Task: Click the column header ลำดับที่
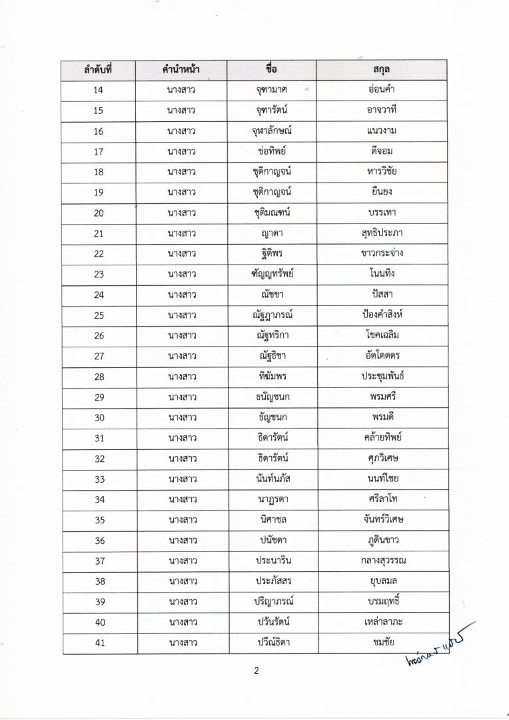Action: click(98, 69)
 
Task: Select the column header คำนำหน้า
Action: click(181, 69)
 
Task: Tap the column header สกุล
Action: click(382, 69)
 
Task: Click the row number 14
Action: click(98, 90)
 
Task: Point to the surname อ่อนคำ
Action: click(382, 90)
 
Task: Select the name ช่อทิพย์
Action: click(272, 151)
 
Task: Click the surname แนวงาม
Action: click(382, 131)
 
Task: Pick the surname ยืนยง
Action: click(382, 192)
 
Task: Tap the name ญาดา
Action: click(272, 233)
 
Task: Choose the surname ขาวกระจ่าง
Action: click(382, 253)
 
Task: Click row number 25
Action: click(98, 315)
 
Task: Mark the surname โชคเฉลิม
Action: click(382, 335)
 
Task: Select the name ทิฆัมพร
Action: click(272, 376)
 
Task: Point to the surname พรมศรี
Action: click(382, 397)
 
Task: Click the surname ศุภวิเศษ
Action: click(382, 458)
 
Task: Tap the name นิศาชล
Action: click(272, 519)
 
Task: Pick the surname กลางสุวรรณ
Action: click(382, 560)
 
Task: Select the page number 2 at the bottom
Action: click(255, 671)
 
